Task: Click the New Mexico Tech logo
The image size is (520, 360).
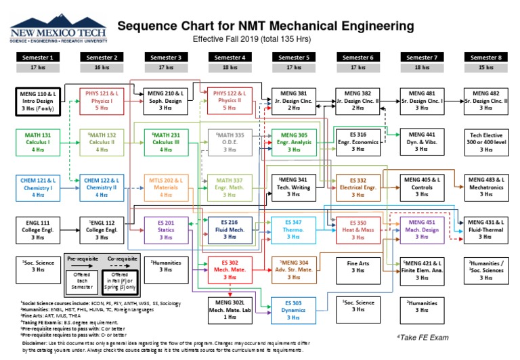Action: point(56,30)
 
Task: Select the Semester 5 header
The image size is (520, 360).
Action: point(295,58)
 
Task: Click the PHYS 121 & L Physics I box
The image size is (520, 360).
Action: point(101,99)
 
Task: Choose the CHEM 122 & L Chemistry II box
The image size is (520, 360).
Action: point(101,187)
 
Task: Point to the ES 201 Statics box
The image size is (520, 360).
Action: point(165,230)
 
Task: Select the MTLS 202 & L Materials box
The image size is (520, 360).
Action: point(165,187)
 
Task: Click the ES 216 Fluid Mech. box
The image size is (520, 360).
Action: point(230,230)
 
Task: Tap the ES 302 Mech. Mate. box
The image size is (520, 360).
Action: point(230,269)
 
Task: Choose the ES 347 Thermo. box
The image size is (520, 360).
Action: point(293,230)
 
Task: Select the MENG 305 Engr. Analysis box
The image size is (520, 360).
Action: point(293,143)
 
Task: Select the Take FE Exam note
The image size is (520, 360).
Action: point(422,337)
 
